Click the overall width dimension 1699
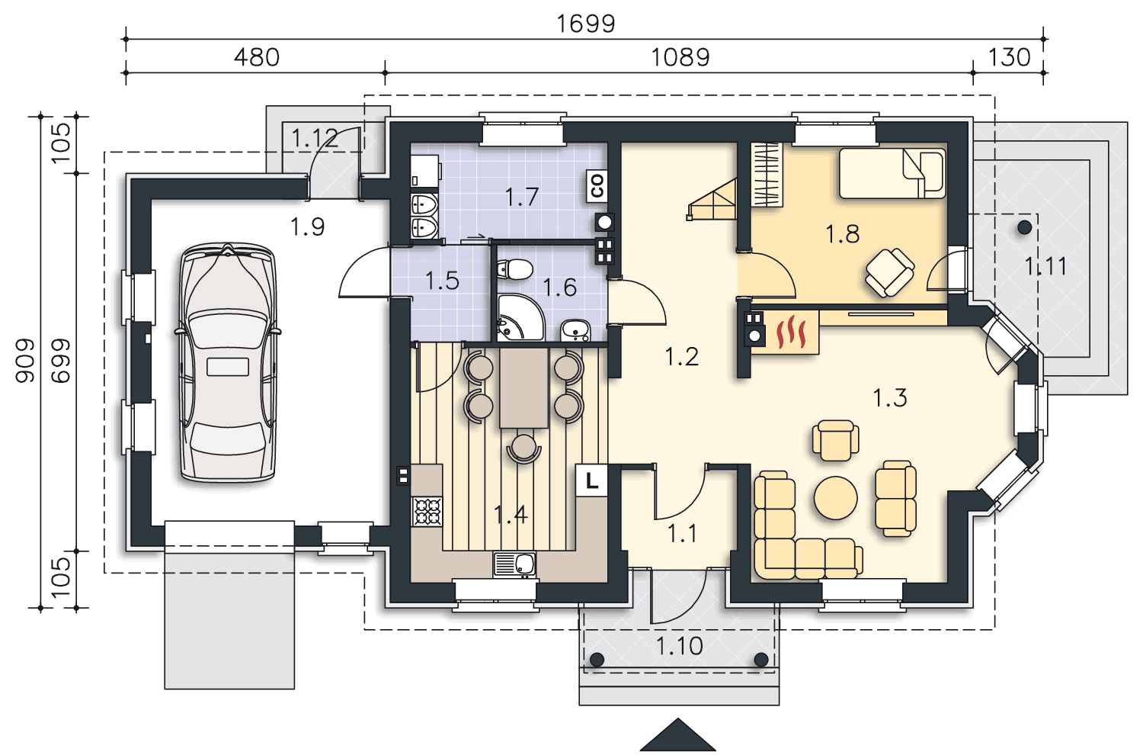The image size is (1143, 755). (x=585, y=24)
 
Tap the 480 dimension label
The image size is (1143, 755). (x=257, y=57)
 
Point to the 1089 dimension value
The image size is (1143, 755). (x=680, y=57)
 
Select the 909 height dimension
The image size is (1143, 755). (x=24, y=360)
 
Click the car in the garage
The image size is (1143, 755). (x=228, y=362)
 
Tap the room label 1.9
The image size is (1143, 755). (x=307, y=226)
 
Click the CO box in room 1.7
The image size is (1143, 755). (x=597, y=186)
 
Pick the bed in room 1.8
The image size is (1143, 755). (x=892, y=173)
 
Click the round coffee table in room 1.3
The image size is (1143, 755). (x=835, y=497)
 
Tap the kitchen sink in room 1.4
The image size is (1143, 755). (x=514, y=564)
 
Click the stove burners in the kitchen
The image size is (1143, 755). (x=427, y=512)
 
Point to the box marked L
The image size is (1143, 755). (x=591, y=480)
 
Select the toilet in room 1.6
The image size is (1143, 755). (x=515, y=268)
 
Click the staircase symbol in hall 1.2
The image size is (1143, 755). (x=712, y=200)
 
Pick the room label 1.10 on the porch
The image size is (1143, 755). (x=679, y=646)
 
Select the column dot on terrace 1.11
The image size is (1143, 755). (x=1024, y=227)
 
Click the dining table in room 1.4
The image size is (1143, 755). (x=524, y=387)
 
